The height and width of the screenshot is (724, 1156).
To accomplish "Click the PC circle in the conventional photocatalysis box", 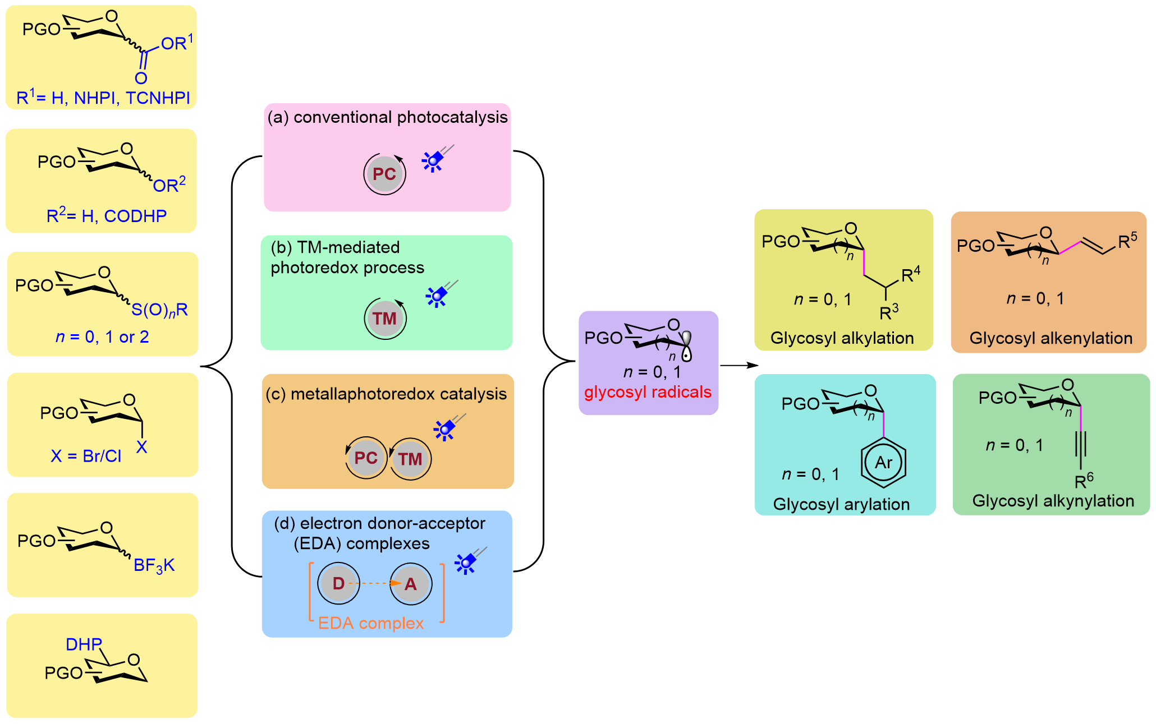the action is coord(384,174).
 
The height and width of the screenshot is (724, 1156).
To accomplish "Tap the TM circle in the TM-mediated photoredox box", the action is coord(385,319).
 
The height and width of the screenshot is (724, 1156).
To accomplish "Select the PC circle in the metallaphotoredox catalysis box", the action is coord(366,458).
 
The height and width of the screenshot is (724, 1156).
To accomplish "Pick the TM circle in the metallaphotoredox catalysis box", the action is coord(410,459).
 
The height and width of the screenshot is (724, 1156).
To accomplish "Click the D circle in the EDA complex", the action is coord(338,583).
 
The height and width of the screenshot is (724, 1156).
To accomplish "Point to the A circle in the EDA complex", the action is coord(411,584).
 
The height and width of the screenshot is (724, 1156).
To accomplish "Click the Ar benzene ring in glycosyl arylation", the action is coord(883,463).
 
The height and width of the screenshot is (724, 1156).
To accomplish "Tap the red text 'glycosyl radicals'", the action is coord(648,392).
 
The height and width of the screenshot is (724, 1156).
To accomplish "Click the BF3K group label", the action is coord(154,565).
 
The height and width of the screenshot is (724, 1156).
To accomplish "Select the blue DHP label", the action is coord(84,644).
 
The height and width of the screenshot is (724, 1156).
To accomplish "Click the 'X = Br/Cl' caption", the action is coord(86,456).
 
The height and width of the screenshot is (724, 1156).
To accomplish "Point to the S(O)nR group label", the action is coord(159,310).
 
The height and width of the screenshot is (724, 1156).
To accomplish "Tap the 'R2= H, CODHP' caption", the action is coord(107,215).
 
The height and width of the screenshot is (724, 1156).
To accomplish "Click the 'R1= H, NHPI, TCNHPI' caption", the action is coord(103,97).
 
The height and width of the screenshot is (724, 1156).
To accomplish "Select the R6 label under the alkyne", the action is coord(1084,481).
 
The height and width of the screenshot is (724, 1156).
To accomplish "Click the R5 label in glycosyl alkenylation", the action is coord(1127,241).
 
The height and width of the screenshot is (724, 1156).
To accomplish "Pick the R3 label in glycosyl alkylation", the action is coord(889,312).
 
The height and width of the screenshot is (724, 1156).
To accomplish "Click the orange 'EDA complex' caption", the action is coord(371,623).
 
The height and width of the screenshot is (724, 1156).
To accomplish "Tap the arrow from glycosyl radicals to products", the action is coord(739,366).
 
